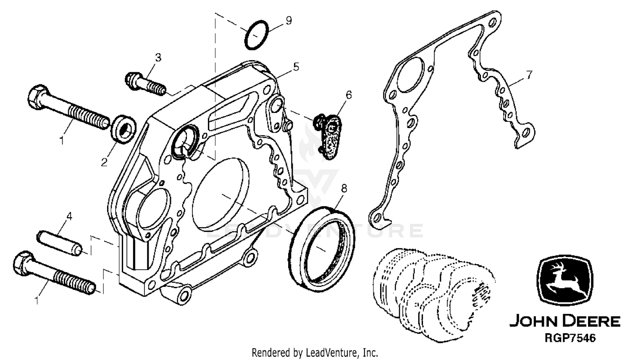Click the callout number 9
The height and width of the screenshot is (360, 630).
click(289, 21)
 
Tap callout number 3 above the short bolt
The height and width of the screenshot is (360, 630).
click(158, 58)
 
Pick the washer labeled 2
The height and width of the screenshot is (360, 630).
click(124, 129)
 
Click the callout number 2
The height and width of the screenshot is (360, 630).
click(104, 162)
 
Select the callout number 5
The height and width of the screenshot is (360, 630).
click(296, 67)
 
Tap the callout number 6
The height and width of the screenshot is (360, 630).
click(349, 95)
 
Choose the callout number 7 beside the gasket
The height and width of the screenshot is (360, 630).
click(529, 75)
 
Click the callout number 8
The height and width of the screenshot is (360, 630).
click(344, 189)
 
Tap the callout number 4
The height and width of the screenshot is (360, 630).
click(69, 216)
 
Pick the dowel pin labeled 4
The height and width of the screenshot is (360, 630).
click(59, 243)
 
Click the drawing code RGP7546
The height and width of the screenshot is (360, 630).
click(570, 338)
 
